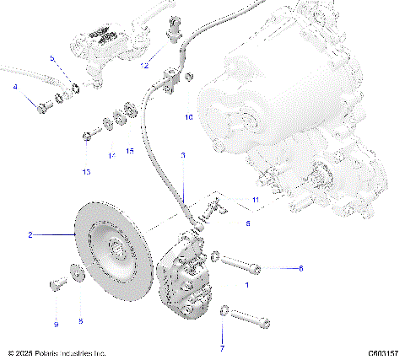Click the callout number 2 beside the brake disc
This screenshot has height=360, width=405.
click(x=30, y=236)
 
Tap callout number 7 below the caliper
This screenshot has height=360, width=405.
click(x=222, y=347)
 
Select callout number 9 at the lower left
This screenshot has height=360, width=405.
click(x=57, y=324)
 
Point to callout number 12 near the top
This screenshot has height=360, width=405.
click(x=146, y=65)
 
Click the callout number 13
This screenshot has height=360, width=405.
click(x=86, y=171)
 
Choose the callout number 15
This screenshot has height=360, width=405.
click(x=129, y=151)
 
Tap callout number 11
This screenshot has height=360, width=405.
click(x=254, y=199)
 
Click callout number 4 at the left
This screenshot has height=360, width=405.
click(x=14, y=88)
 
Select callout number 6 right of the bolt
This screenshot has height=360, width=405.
click(x=300, y=268)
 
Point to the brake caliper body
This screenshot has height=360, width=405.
click(x=187, y=275)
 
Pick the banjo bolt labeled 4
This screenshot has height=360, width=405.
click(x=41, y=106)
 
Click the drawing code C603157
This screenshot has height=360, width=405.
click(x=384, y=353)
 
